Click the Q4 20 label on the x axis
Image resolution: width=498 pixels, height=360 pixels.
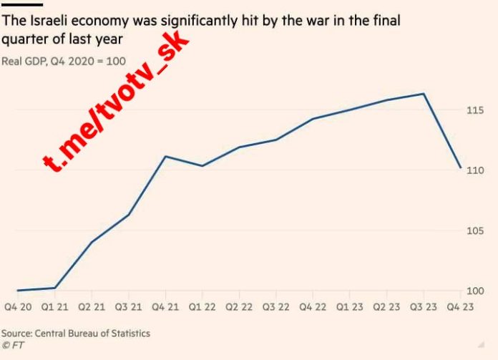tap(16, 307)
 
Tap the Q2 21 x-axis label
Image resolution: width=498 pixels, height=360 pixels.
tap(91, 307)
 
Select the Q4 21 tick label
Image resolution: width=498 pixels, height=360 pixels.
tap(165, 307)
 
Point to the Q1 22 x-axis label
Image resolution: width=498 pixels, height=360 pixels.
tap(202, 307)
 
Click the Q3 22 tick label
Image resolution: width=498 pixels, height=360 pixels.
tap(275, 307)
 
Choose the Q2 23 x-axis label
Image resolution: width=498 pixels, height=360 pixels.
tap(386, 307)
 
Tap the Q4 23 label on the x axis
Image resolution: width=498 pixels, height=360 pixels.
tap(459, 307)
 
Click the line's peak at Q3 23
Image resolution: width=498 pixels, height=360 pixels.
tap(424, 94)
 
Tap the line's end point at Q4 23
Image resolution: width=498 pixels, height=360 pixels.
tap(460, 167)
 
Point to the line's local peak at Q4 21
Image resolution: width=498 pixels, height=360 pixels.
tap(165, 156)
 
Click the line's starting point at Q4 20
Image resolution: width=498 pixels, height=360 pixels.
tap(17, 291)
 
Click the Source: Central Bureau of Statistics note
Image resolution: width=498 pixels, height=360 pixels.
tap(76, 334)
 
